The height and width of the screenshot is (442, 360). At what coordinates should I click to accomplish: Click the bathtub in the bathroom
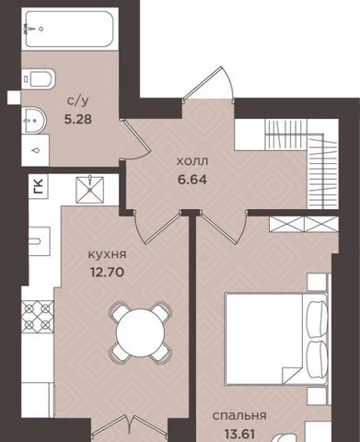[70, 29]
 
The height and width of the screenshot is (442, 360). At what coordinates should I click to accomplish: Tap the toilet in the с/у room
[39, 79]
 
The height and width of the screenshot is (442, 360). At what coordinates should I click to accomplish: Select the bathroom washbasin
[34, 121]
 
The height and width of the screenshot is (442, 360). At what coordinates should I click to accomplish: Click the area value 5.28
[78, 119]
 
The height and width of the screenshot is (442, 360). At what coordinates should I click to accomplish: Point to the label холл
[192, 161]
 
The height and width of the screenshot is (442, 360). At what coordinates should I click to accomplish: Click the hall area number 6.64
[192, 180]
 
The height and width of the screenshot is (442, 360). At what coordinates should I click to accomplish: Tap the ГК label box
[39, 186]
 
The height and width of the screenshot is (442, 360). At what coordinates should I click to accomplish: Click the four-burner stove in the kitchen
[38, 317]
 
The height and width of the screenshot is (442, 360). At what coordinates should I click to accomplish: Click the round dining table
[141, 332]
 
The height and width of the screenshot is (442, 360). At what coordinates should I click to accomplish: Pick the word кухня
[108, 255]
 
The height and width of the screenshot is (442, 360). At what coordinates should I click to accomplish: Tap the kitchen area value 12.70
[107, 272]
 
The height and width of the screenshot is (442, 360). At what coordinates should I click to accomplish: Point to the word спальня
[239, 416]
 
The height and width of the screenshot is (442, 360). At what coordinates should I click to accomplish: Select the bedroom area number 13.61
[239, 434]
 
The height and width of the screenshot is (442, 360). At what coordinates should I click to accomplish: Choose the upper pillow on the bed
[317, 320]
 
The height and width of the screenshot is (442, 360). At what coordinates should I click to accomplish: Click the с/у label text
[75, 101]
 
